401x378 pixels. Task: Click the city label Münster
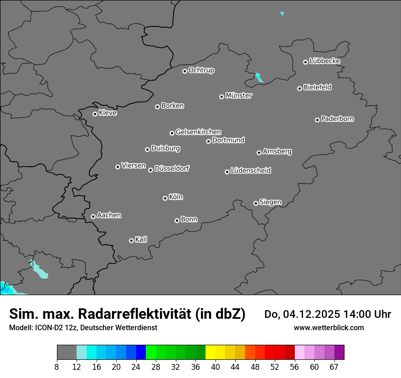coord(239,96)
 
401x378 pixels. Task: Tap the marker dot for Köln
coord(165,198)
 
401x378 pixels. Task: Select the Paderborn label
coord(338,119)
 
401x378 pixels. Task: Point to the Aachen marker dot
coord(93,216)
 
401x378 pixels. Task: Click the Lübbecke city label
coord(324,61)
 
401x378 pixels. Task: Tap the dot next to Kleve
coord(95,114)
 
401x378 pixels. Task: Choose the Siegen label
coord(270,202)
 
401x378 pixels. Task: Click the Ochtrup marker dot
coord(185,71)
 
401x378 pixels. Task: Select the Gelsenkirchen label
coord(198,132)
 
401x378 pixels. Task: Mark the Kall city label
coord(141,240)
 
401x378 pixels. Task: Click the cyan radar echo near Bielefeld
coord(259,77)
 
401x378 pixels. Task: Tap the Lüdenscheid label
coord(251,171)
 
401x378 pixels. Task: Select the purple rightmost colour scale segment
coord(339,352)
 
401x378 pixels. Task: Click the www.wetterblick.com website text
coord(329,328)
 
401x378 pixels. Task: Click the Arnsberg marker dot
coord(259,153)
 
